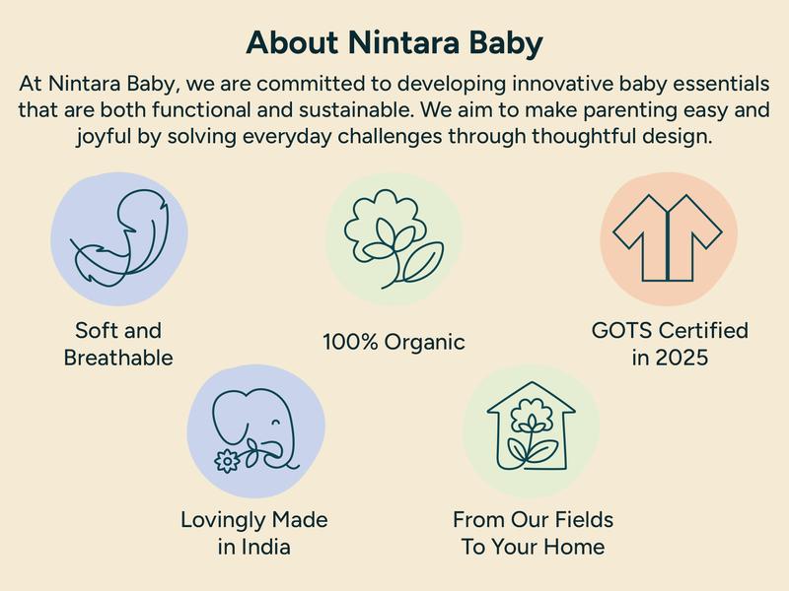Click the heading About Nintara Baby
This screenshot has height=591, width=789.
coord(394,43)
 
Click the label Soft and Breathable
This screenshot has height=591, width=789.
coord(118,344)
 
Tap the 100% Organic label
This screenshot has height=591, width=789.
coord(394,343)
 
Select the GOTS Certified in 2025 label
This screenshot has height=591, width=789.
coord(670,344)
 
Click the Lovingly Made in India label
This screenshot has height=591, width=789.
coord(254,532)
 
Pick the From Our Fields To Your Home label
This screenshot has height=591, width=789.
coord(533,532)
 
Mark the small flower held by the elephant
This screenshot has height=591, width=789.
coord(227,460)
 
